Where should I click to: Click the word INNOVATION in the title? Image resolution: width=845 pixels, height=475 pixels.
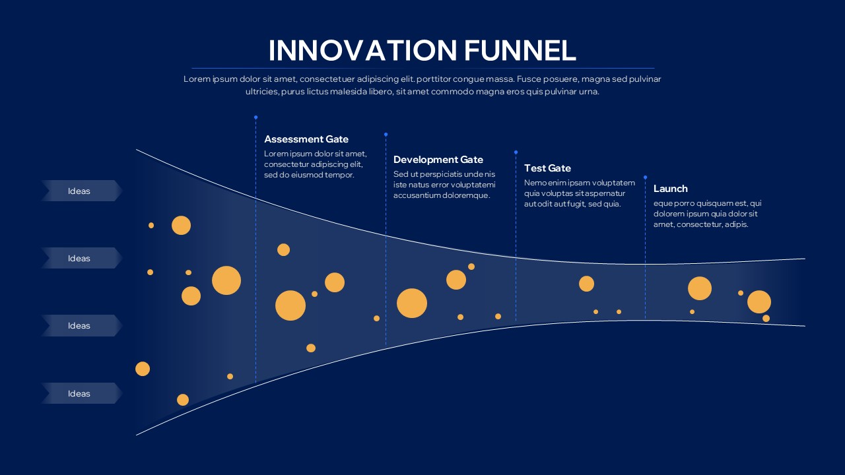coord(362,51)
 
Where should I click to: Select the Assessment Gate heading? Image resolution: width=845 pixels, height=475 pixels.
coord(306,139)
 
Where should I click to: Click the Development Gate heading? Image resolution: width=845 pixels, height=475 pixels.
coord(438,160)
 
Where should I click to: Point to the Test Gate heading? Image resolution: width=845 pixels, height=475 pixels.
coord(547,168)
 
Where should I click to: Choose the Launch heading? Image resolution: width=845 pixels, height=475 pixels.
coord(670,189)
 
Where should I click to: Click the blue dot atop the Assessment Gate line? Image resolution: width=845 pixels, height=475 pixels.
coord(255,117)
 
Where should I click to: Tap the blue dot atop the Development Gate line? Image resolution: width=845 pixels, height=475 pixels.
coord(386,134)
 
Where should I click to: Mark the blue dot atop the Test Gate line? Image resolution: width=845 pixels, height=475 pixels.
coord(516,152)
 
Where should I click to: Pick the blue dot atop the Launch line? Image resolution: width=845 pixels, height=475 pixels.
coord(645,177)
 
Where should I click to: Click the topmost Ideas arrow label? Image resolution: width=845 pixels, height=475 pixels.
coord(80,191)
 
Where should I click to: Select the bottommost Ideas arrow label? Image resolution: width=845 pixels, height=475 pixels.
coord(80,394)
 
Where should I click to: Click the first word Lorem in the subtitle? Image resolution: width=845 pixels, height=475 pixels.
coord(196,79)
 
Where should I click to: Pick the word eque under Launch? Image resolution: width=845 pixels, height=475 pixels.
coord(662,203)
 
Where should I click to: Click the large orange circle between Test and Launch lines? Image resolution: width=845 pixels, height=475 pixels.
coord(586,284)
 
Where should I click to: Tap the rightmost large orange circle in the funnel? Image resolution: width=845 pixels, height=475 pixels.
coord(759,301)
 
